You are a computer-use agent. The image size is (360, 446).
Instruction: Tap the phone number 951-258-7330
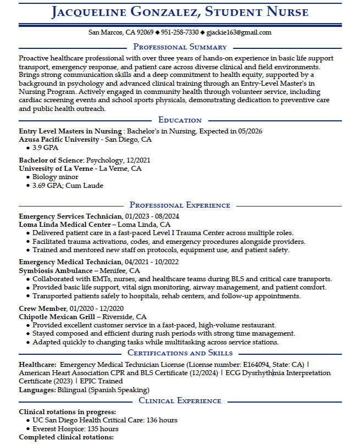[180, 32]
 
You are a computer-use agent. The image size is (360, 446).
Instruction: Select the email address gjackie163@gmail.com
[239, 32]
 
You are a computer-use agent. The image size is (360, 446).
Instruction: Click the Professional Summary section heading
[180, 47]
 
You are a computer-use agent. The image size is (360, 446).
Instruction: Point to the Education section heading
[180, 120]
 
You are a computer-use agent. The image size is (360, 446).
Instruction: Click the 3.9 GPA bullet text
[45, 148]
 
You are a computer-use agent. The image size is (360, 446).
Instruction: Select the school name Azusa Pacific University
[59, 140]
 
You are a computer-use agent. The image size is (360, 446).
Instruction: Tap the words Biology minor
[55, 177]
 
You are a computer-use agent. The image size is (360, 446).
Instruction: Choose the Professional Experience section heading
[180, 205]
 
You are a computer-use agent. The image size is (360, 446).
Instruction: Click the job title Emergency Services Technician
[70, 216]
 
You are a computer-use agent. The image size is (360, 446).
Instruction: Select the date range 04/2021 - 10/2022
[152, 263]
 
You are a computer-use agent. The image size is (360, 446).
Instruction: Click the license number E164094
[256, 364]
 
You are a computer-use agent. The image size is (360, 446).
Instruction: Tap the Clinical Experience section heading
[180, 400]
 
